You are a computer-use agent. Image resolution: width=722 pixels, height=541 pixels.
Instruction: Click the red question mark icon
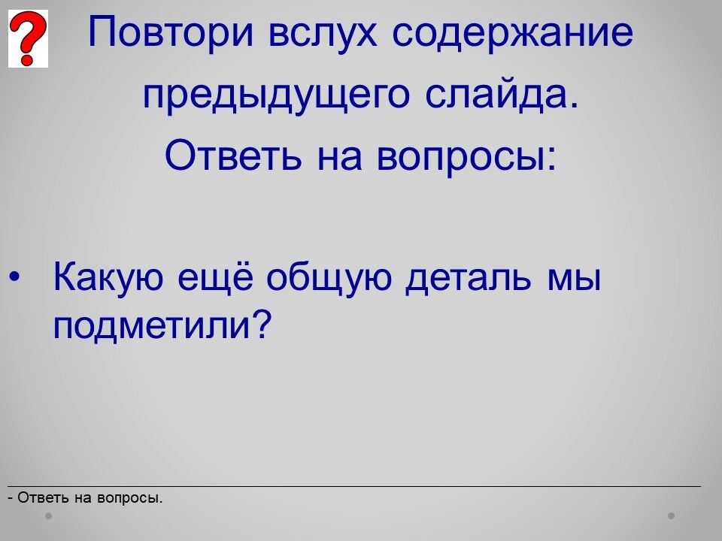coord(28,38)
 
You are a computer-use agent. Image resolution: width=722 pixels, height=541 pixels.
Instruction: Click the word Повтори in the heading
coord(171,32)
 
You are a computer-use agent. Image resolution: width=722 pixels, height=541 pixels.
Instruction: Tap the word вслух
coord(323,33)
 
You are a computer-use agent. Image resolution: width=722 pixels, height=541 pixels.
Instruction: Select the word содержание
coord(512,33)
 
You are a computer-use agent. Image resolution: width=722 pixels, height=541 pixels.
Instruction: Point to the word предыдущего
coord(276,95)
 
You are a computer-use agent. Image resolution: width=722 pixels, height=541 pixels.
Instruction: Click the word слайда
coord(502,94)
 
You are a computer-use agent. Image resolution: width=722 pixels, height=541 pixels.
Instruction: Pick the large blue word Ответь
coord(233,155)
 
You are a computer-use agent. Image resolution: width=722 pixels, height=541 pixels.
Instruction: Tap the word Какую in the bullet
coord(108,278)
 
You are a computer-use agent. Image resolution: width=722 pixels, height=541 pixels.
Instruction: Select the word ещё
coord(215,278)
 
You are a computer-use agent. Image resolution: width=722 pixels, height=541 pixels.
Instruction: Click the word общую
coord(329,278)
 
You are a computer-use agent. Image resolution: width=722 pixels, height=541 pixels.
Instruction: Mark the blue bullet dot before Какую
coord(14,277)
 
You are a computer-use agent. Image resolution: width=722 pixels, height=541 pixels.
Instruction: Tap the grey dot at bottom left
coord(48,515)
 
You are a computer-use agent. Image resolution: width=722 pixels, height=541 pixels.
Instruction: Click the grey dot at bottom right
coord(672,515)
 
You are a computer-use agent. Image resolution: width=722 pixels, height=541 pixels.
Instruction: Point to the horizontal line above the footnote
coord(354,486)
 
